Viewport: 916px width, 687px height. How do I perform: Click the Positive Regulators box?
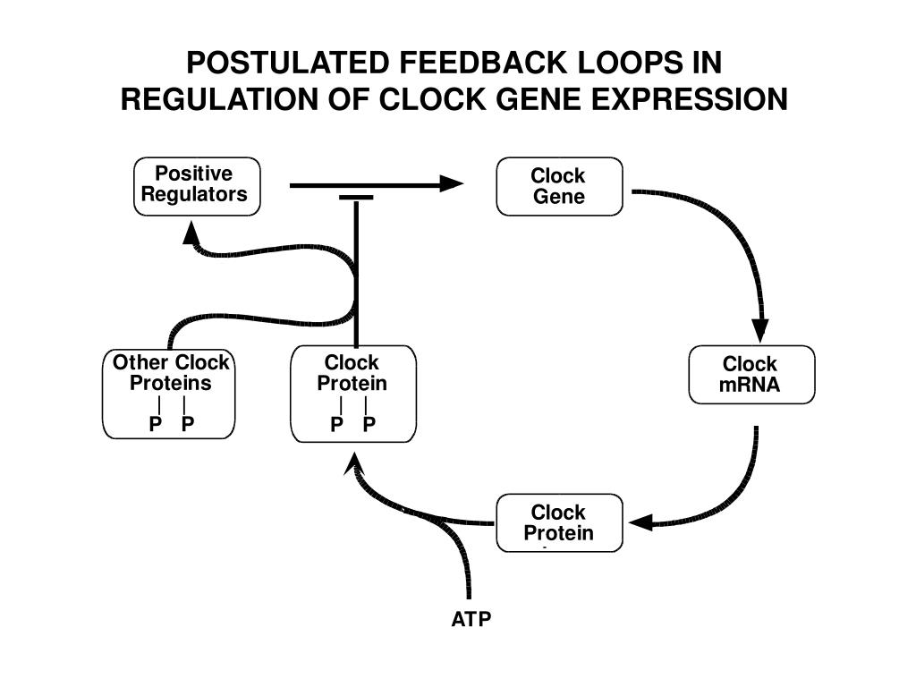point(197,186)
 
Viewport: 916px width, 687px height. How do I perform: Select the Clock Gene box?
point(559,186)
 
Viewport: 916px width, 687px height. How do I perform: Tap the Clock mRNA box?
point(751,375)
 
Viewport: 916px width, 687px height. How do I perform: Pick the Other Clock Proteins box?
point(169,394)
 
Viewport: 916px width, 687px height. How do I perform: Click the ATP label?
point(471,619)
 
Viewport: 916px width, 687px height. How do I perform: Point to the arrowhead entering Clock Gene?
point(451,183)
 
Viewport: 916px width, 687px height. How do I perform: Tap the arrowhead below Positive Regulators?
point(191,233)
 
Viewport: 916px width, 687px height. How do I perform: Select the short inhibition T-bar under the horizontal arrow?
point(356,198)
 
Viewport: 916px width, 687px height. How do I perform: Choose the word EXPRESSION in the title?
point(690,98)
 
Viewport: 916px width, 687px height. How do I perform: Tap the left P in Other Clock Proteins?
point(156,423)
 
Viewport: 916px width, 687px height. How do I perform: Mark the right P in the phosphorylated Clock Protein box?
point(369,423)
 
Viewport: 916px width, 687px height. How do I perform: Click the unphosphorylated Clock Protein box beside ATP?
point(559,522)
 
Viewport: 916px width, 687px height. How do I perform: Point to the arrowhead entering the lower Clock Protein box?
point(640,522)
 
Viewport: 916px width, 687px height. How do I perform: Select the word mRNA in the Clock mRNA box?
point(750,385)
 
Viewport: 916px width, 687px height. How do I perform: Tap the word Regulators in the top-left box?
point(194,194)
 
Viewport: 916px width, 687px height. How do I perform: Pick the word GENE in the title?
point(539,98)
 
